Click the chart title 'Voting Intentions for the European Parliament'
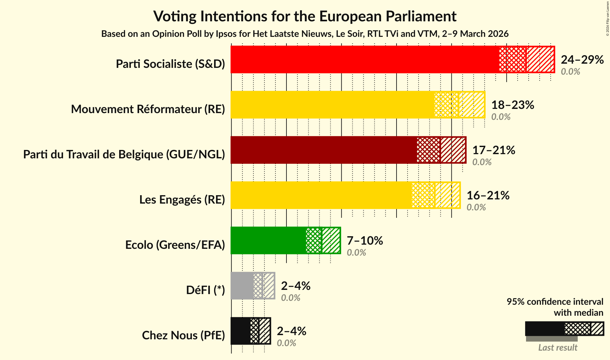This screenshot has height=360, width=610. coord(305,16)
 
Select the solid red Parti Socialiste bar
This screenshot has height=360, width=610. coord(365,59)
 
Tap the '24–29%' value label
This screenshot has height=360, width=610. coord(582,60)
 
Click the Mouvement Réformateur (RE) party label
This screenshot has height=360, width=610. coord(148,109)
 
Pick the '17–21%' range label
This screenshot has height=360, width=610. coord(493,150)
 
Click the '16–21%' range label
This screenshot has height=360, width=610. coord(488,196)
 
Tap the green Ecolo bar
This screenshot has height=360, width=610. coord(268,240)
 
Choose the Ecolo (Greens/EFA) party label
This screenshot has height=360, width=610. coord(175,245)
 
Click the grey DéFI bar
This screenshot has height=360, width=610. coord(242,286)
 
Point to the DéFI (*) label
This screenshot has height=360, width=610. coord(205,290)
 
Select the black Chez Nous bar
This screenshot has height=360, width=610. coord(240,331)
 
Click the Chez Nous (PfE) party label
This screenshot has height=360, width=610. coord(183,335)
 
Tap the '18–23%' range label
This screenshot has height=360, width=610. coord(512,105)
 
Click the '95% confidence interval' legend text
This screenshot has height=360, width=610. coord(555,302)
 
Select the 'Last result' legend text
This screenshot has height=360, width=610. coord(557,348)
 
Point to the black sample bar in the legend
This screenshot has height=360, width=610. coord(545,329)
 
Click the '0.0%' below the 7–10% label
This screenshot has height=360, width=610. coord(356,253)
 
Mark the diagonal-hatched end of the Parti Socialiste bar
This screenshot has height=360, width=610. coord(540,59)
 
